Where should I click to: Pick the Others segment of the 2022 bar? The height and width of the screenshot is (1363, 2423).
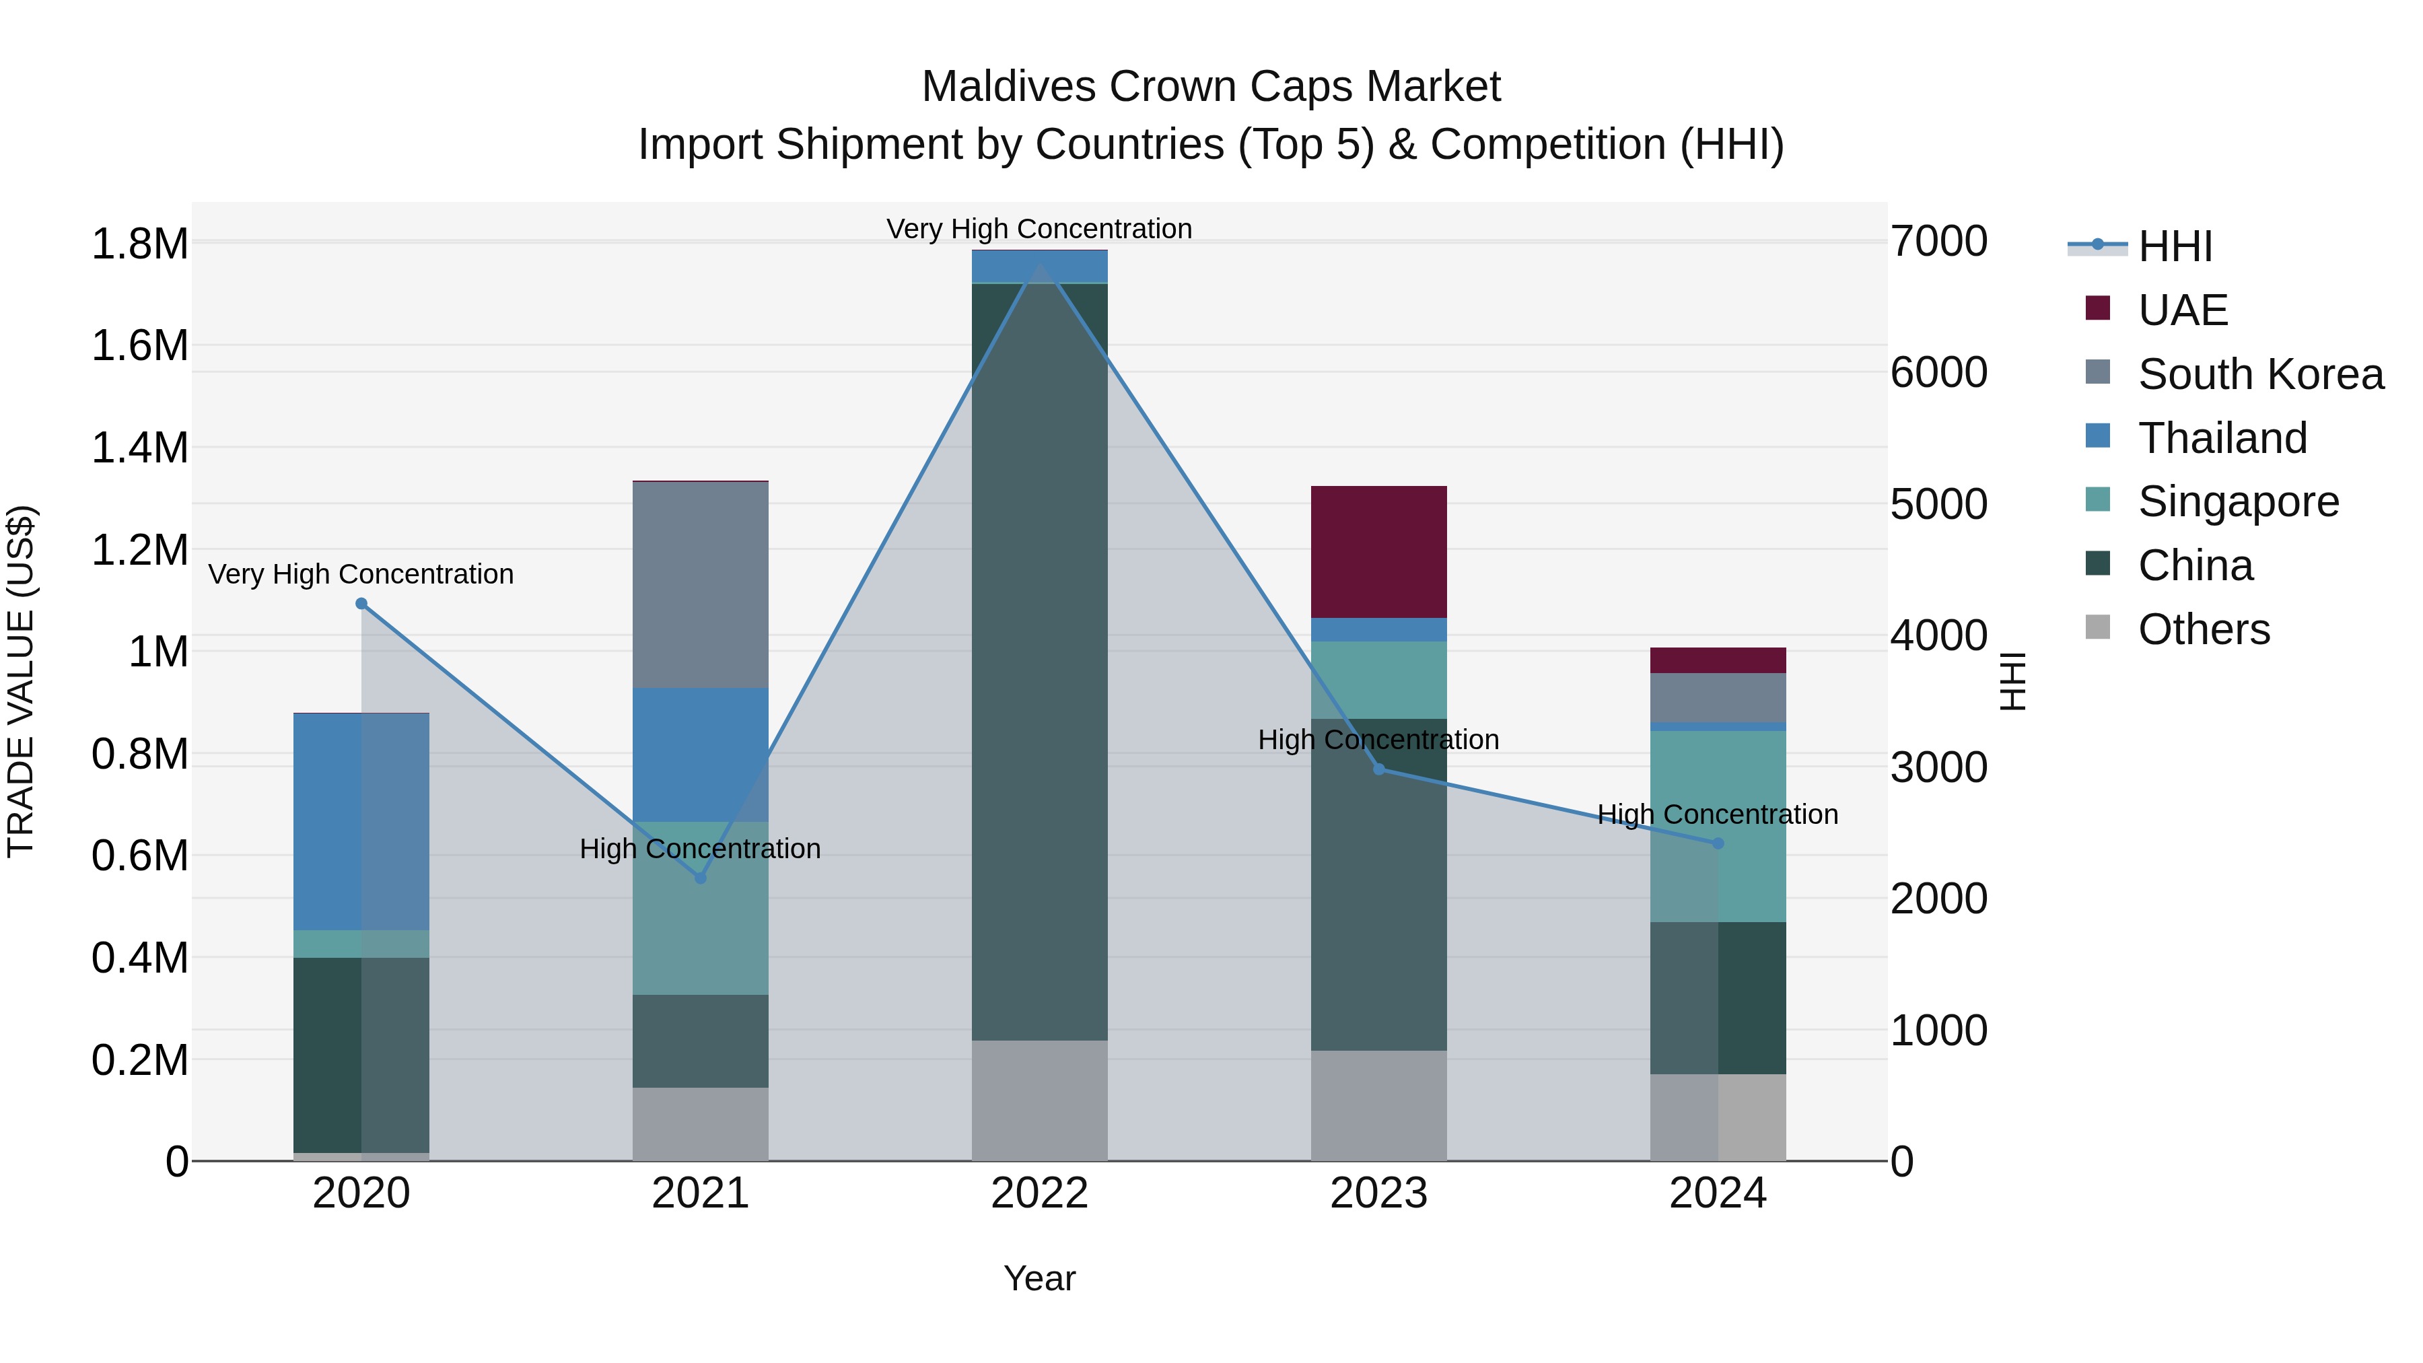1039,1100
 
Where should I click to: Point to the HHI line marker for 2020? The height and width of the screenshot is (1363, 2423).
361,604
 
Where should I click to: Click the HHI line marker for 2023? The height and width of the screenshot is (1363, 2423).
1379,769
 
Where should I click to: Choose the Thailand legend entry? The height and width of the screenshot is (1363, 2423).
2222,438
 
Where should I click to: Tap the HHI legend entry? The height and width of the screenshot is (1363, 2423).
2175,246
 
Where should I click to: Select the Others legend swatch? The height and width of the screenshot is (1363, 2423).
2097,627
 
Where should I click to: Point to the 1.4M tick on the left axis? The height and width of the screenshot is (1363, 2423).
140,448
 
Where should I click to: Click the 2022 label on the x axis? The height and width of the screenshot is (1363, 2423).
1039,1193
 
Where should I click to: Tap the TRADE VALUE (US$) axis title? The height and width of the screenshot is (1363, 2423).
22,681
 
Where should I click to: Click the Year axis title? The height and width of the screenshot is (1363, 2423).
1039,1278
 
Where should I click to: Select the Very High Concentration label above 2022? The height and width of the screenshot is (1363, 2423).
1039,229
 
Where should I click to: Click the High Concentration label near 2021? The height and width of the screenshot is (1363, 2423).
700,849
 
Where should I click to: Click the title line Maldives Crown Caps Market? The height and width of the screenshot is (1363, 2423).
1211,87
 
